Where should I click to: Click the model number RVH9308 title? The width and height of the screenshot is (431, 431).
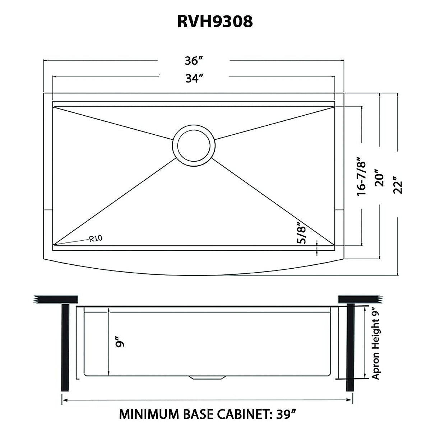point(215,22)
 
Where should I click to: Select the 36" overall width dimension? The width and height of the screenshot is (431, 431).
point(192,61)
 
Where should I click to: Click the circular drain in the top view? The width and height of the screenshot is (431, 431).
point(194,145)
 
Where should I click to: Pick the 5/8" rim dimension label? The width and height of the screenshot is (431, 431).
point(301,234)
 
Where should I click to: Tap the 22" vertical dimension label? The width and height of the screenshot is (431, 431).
point(398,185)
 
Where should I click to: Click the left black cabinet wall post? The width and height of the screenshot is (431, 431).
point(65,347)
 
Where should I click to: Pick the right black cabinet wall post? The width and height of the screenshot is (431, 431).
point(350,347)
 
